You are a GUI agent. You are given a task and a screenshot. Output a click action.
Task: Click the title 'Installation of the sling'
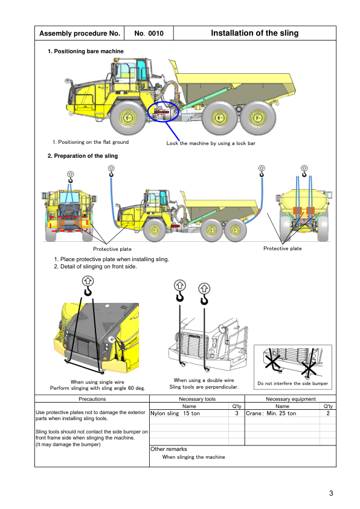pos(254,33)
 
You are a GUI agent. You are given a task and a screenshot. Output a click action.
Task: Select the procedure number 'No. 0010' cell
pos(149,33)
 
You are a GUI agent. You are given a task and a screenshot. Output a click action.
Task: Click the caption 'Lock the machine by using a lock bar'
pos(211,143)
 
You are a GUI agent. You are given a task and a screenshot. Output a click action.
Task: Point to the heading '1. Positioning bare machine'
pos(86,51)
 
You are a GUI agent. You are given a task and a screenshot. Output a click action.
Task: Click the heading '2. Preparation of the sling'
pos(83,156)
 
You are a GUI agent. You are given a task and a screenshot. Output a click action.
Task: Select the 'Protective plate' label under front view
pos(112,249)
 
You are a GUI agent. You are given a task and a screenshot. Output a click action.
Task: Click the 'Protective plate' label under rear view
pos(283,248)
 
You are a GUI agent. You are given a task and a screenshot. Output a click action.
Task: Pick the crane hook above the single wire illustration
pos(88,286)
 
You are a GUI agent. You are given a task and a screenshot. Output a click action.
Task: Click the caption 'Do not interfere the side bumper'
pos(293,383)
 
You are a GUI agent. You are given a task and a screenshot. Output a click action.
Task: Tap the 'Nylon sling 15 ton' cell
pos(175,413)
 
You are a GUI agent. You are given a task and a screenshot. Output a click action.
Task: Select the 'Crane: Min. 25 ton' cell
pos(271,413)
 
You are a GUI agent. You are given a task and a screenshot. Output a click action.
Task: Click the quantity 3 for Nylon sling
pos(237,413)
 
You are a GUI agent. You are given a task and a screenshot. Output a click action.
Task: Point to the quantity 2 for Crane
pos(328,413)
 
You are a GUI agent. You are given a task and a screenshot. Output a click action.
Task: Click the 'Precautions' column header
pos(92,399)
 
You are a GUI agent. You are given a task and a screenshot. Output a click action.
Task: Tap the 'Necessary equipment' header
pos(291,399)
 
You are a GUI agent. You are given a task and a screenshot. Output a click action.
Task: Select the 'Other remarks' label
pos(169,449)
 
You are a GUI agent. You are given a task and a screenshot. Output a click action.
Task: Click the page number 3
pos(331,493)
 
